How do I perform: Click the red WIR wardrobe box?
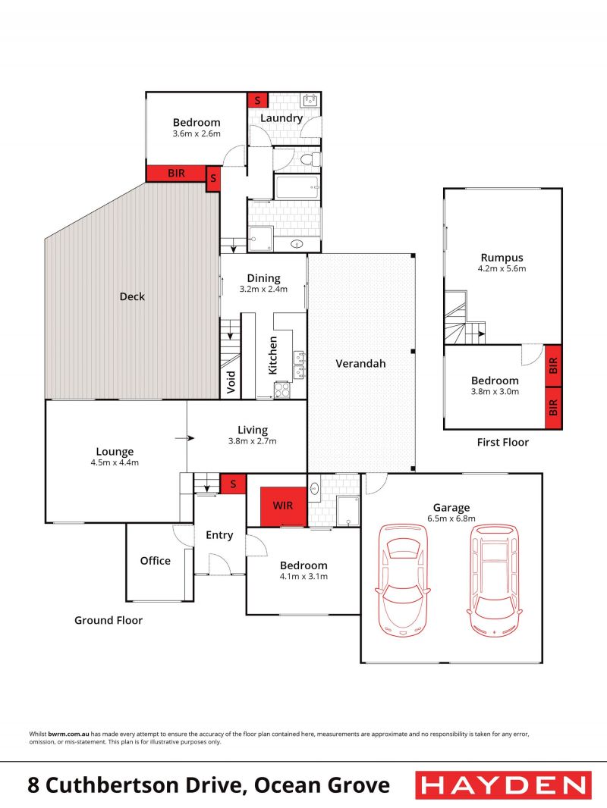[283, 506]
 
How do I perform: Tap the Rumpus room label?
[502, 258]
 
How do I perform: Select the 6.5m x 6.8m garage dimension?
[451, 518]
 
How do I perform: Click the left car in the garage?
[403, 581]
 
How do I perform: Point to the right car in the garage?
[493, 581]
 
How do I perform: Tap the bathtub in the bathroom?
[297, 187]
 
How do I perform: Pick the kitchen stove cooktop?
[282, 390]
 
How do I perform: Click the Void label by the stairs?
[231, 382]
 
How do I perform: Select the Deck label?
[132, 296]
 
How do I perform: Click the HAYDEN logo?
[503, 785]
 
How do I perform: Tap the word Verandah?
[360, 363]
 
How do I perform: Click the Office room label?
[156, 561]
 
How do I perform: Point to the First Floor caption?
[503, 442]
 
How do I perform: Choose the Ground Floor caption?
[109, 620]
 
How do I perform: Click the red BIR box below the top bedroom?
[176, 173]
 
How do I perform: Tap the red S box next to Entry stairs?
[233, 484]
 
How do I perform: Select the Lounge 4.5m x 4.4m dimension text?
[115, 463]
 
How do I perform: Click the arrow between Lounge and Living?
[184, 439]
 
